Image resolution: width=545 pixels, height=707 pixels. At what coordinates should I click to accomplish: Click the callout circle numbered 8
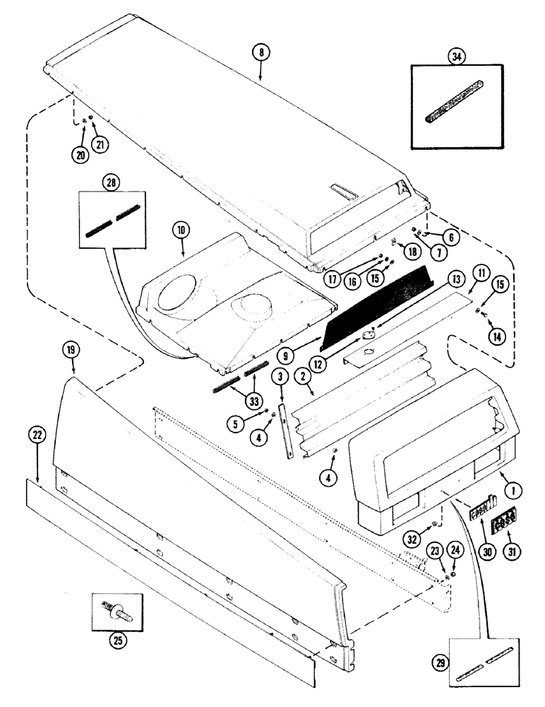click(x=261, y=51)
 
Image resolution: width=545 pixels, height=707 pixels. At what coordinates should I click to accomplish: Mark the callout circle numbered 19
click(x=73, y=349)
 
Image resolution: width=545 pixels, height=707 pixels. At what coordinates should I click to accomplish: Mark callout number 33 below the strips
click(x=253, y=398)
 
